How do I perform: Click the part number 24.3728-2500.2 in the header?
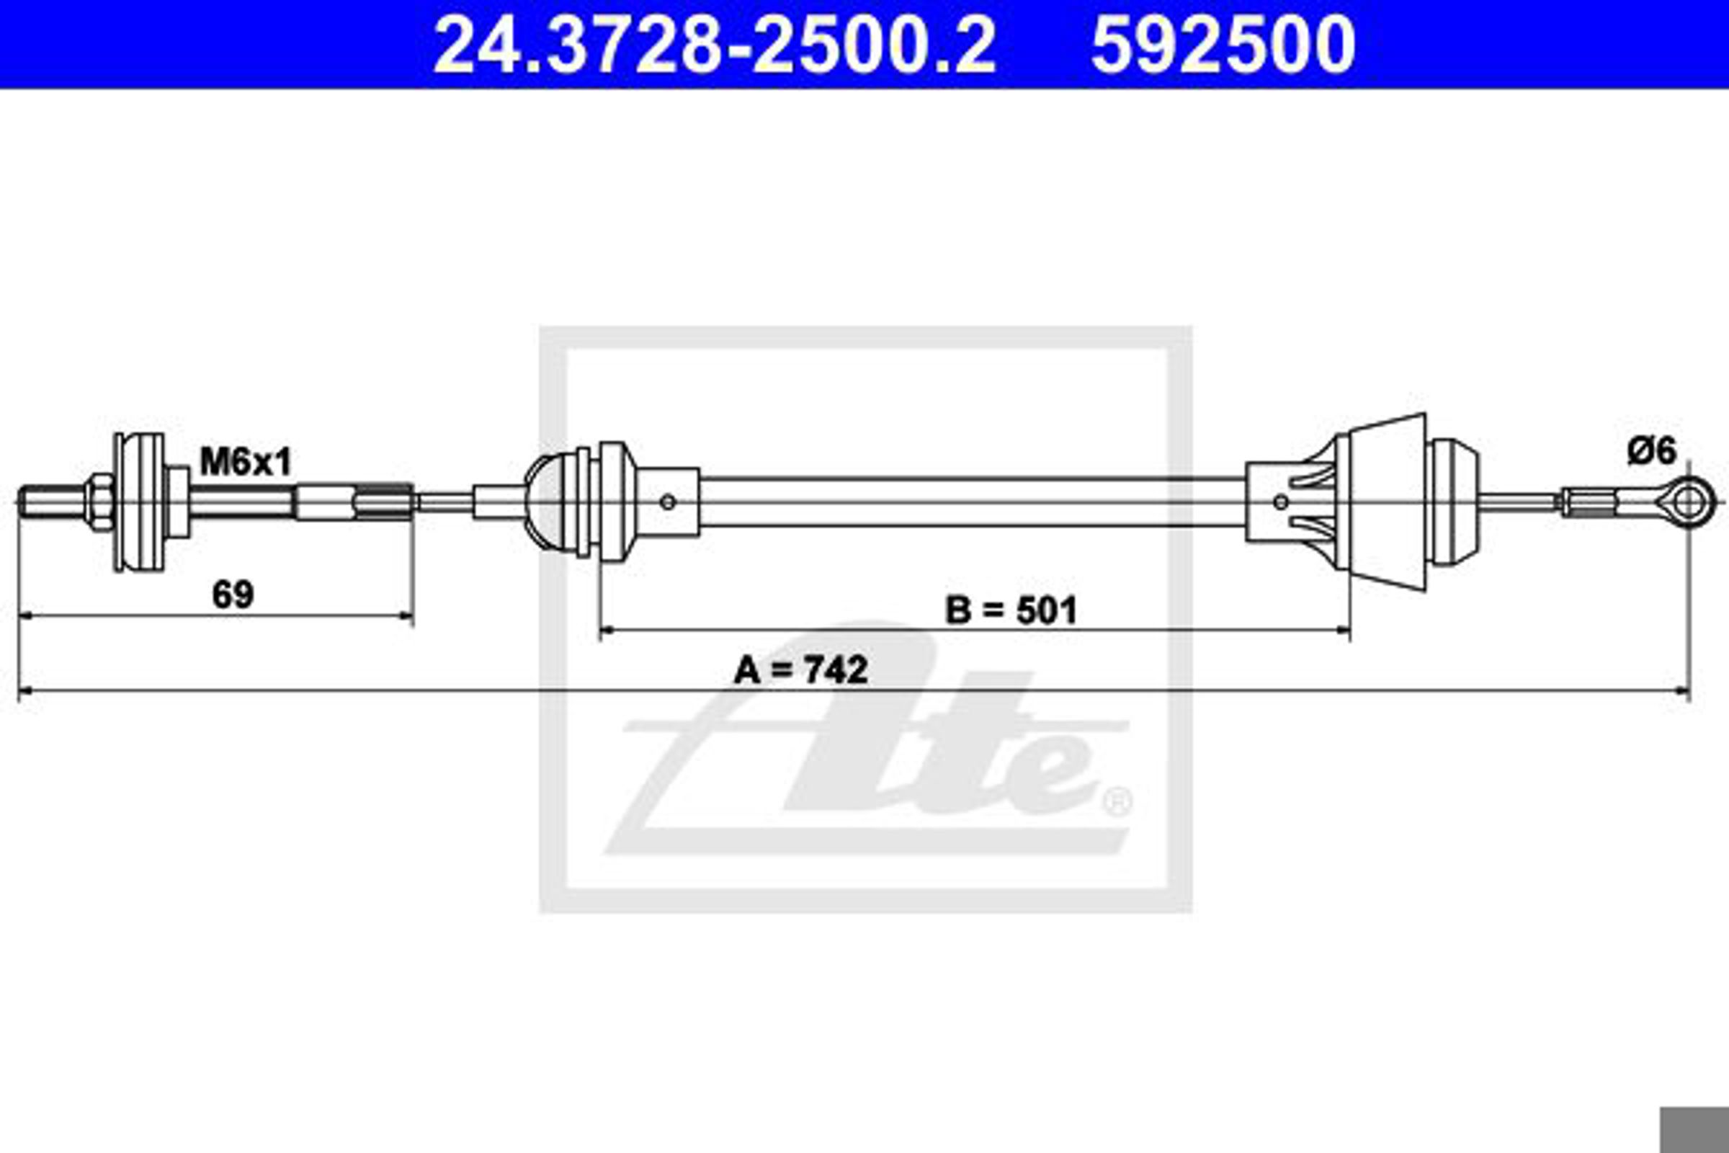(x=715, y=45)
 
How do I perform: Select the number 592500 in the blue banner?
(x=1223, y=45)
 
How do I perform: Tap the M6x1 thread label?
(x=246, y=463)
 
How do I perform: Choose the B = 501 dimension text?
(x=1011, y=610)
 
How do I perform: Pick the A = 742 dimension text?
(x=801, y=670)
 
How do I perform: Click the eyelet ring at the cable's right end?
(x=1690, y=502)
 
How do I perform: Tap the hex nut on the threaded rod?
(x=99, y=503)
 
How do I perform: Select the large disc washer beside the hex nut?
(x=140, y=503)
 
